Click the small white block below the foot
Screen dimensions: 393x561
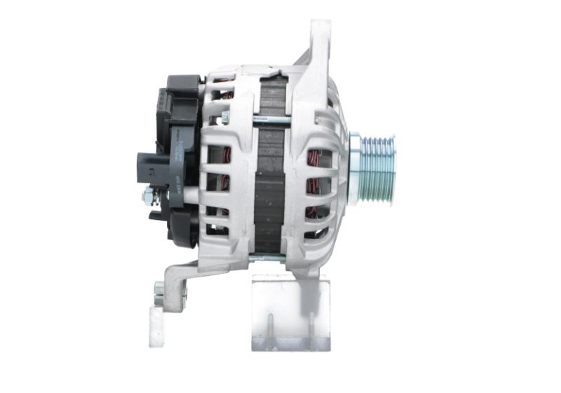pos(156,329)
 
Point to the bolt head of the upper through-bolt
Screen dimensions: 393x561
pos(226,118)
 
